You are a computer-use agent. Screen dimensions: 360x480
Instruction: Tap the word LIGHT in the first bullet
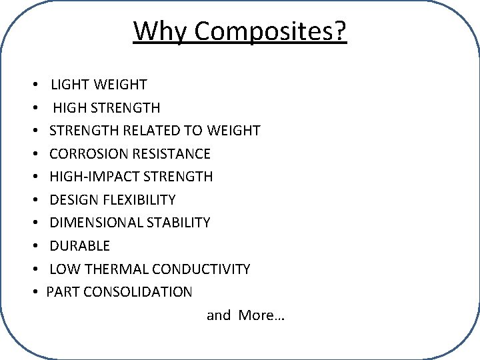[71, 85]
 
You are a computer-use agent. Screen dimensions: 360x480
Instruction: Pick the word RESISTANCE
[172, 154]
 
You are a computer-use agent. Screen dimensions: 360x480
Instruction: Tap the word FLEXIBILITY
[139, 200]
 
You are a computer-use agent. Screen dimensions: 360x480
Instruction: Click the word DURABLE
[79, 246]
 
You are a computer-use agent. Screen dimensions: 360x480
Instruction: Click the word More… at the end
[261, 315]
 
